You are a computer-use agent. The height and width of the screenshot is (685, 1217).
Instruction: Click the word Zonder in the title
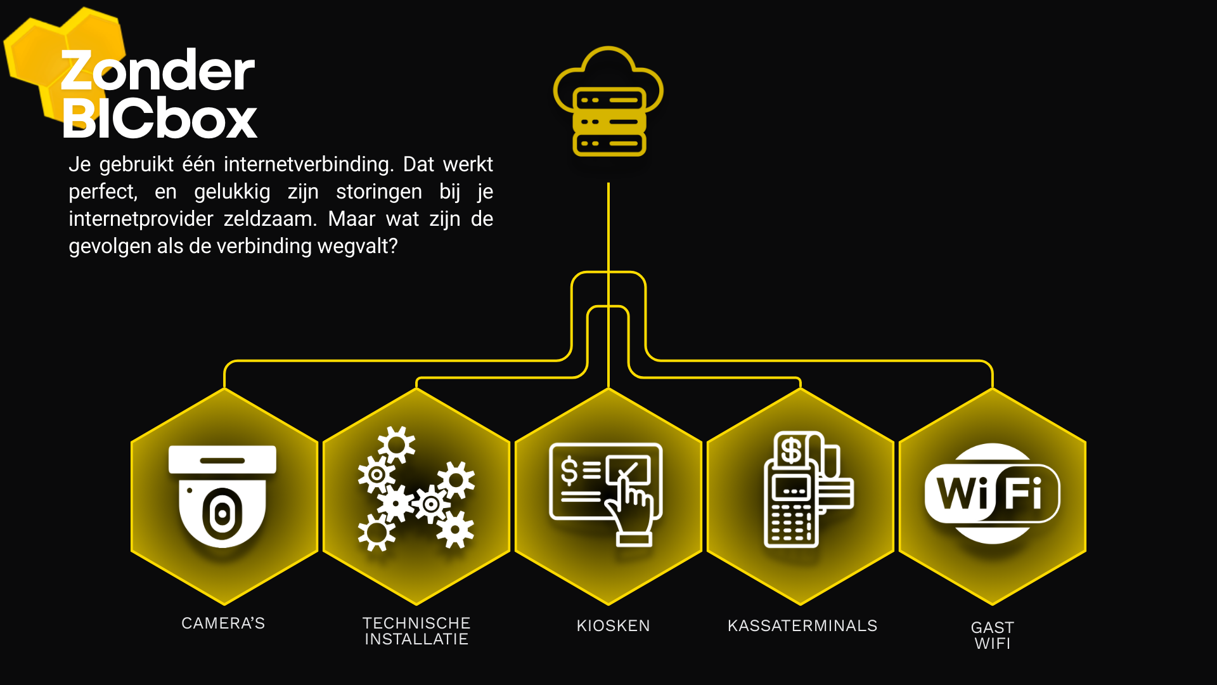[158, 71]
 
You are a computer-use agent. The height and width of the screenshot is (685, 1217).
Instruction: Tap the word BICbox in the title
[160, 118]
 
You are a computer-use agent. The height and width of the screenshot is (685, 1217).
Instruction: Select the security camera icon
[222, 496]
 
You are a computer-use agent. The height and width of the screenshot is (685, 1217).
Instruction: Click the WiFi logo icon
[992, 493]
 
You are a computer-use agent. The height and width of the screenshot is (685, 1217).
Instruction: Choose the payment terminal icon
[809, 490]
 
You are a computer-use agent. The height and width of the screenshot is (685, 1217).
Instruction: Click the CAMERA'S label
[223, 623]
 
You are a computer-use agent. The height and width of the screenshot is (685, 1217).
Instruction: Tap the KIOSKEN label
[613, 626]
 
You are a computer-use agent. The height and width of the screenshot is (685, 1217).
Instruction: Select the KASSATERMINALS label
[802, 626]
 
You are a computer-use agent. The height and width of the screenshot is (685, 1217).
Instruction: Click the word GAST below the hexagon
[993, 627]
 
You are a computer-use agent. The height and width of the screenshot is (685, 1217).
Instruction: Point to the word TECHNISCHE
[416, 623]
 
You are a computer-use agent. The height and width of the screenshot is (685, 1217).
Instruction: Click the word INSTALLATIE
[416, 639]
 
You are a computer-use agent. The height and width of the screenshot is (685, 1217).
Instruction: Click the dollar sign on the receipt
[791, 451]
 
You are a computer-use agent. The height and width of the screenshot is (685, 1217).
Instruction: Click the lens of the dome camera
[222, 514]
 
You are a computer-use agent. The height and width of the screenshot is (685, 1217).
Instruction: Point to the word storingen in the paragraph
[379, 192]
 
